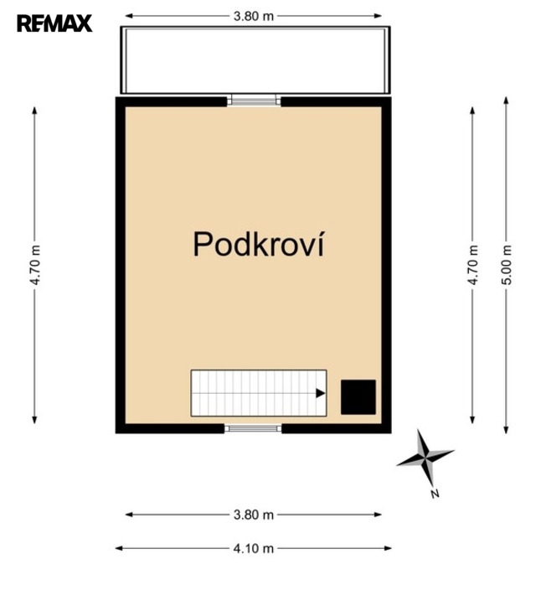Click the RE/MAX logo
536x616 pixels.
(54, 23)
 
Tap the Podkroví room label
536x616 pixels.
(259, 244)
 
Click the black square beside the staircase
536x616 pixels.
(358, 396)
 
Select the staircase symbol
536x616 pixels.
(259, 393)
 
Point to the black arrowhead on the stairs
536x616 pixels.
(321, 393)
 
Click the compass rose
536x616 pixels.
(425, 458)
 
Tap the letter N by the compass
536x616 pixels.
(435, 494)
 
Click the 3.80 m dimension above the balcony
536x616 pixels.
(254, 16)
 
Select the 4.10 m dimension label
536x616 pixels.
(254, 548)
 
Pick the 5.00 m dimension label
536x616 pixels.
(507, 265)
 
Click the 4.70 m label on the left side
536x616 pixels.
(35, 265)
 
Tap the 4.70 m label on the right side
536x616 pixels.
(473, 265)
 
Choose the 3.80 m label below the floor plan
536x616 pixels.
(254, 515)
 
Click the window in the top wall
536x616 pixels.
(254, 101)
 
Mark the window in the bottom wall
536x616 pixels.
(253, 428)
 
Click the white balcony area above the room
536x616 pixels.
(255, 60)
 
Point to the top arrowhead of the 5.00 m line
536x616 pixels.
(507, 101)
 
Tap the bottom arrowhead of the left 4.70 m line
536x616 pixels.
(35, 420)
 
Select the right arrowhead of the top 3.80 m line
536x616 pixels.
(378, 16)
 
